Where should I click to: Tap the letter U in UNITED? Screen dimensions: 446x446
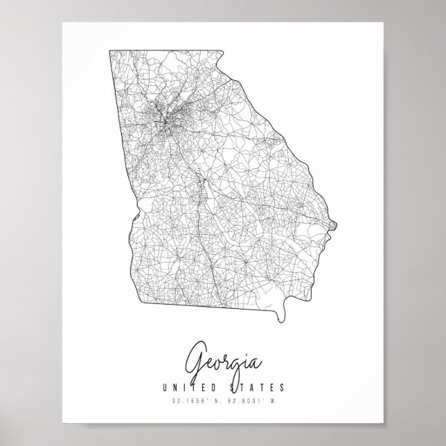click(162, 388)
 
